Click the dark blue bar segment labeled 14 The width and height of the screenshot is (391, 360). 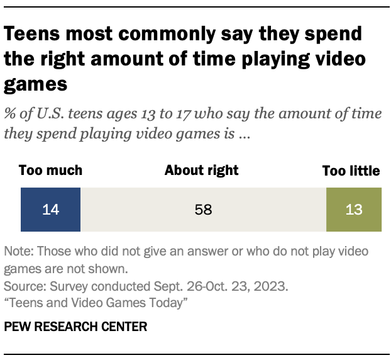pos(50,210)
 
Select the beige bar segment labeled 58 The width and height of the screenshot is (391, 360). pos(203,210)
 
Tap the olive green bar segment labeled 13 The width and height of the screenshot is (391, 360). pos(354,210)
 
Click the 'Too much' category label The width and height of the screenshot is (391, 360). pos(50,171)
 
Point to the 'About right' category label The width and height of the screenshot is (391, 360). pos(201,171)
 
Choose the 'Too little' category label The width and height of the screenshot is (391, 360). pos(351,171)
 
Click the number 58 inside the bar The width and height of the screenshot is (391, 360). pos(203,210)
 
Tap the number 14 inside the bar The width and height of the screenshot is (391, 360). pos(50,210)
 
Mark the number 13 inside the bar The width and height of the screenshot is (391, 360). pos(354,210)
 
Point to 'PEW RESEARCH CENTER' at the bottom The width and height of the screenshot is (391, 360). pos(75,327)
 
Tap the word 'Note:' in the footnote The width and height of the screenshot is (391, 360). pos(19,252)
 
